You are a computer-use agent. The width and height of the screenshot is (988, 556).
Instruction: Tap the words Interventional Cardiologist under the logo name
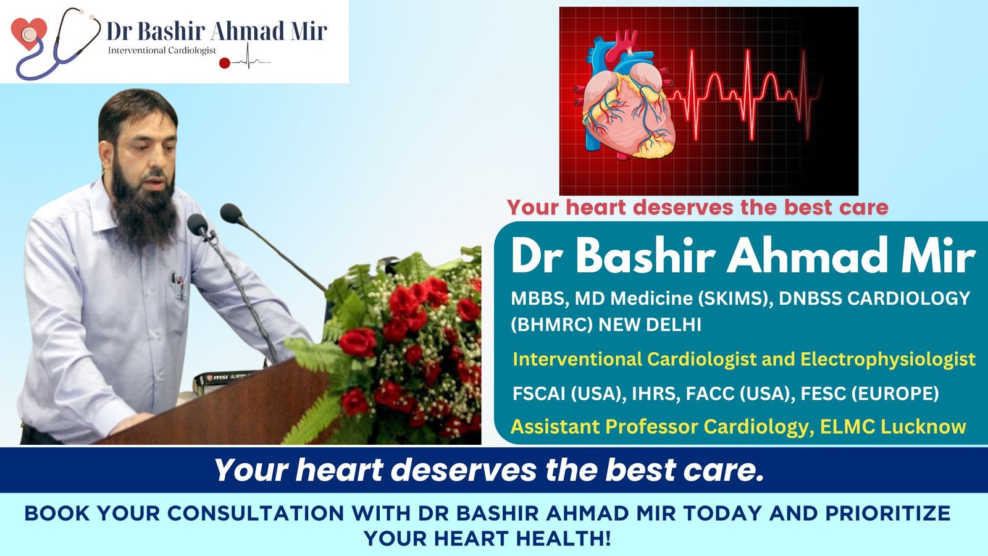pyautogui.click(x=162, y=51)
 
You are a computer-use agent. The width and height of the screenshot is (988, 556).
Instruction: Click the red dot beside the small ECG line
pyautogui.click(x=225, y=63)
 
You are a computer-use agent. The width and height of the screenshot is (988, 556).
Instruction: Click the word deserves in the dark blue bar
pyautogui.click(x=464, y=470)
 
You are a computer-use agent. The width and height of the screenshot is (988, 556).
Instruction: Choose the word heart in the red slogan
pyautogui.click(x=595, y=208)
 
